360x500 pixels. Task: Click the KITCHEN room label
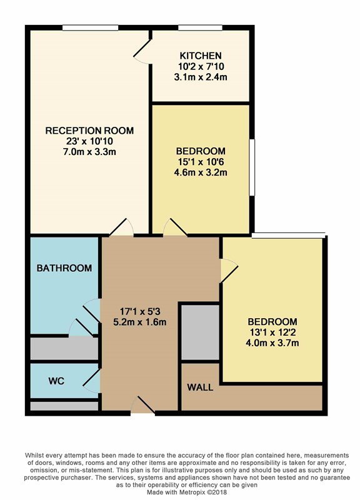pos(201,56)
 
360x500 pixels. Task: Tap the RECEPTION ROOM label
pos(89,131)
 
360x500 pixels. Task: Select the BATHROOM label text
pos(64,268)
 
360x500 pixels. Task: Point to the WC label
pos(56,381)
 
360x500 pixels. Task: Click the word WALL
pos(200,387)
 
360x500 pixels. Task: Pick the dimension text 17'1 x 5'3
pos(139,311)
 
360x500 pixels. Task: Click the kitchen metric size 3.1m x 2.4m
pos(201,77)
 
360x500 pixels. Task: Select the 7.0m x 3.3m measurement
pos(89,152)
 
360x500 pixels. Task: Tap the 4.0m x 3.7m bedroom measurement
pos(272,343)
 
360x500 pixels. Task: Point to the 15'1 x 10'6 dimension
pos(201,162)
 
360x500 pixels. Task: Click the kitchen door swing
pos(142,52)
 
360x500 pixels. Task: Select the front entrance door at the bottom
pos(143,405)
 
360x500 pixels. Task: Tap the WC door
pos(92,381)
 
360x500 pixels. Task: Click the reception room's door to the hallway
pos(121,227)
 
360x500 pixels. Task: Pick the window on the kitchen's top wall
pos(200,28)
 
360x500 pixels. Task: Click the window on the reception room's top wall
pos(90,28)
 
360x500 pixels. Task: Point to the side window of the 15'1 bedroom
pos(252,167)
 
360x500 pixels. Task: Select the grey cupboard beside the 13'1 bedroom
pos(200,332)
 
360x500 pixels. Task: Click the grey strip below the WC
pos(64,406)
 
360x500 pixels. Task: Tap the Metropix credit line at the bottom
pos(187,492)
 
